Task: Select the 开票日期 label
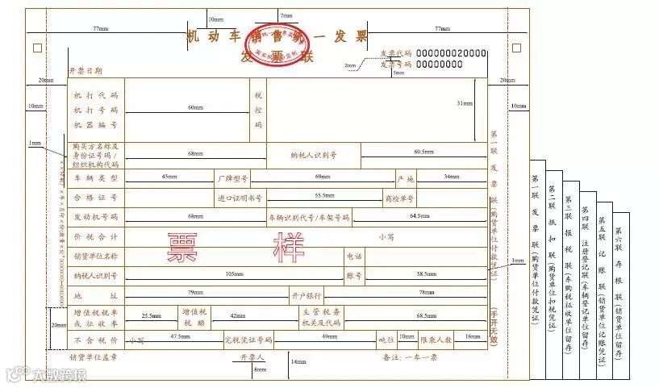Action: [x=86, y=71]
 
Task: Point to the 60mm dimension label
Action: [x=194, y=106]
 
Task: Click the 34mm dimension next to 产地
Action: [x=451, y=176]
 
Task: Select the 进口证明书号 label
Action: [x=240, y=197]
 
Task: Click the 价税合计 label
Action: [x=96, y=237]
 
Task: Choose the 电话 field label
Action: [x=354, y=256]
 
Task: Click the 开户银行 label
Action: [x=307, y=294]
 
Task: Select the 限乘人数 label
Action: [x=436, y=340]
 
